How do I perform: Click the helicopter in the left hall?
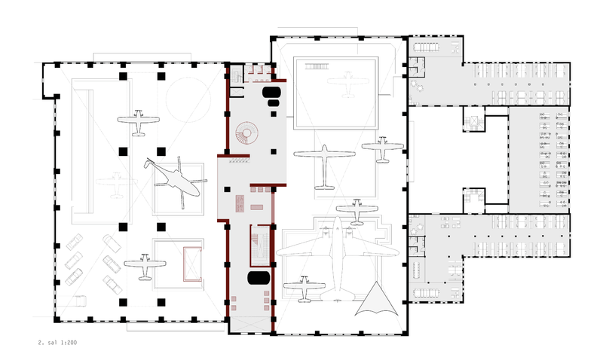[x=176, y=181]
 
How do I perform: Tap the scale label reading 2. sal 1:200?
[x=57, y=342]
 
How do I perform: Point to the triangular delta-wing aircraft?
[x=376, y=301]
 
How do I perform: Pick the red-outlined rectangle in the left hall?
[x=192, y=264]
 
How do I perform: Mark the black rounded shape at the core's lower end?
[x=259, y=278]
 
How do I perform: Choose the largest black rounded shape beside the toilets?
[x=271, y=93]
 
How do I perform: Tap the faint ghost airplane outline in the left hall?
[x=116, y=185]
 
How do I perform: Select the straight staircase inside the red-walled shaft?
[x=260, y=246]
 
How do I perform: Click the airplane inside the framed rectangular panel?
[x=347, y=84]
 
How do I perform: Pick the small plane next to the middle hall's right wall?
[x=383, y=149]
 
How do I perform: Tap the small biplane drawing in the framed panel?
[x=317, y=66]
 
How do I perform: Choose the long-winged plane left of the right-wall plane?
[x=324, y=167]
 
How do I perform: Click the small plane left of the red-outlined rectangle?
[x=145, y=267]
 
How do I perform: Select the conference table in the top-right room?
[x=427, y=47]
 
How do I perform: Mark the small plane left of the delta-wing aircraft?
[x=305, y=289]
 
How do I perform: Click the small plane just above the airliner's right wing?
[x=357, y=212]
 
